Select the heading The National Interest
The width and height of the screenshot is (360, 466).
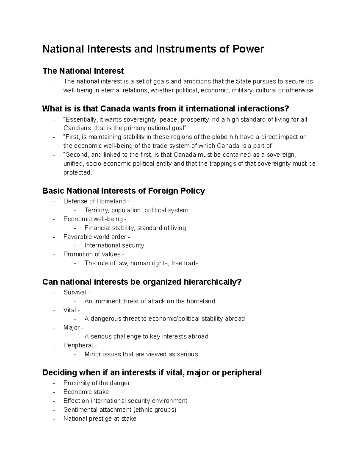[x=83, y=71]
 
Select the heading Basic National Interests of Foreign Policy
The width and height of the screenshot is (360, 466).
[x=124, y=191]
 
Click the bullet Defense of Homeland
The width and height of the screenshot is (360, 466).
[x=94, y=201]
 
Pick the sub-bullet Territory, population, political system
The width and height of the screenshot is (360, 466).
[x=136, y=210]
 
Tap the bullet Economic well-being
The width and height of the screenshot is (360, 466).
[x=93, y=219]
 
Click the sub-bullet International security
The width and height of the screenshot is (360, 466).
[x=114, y=245]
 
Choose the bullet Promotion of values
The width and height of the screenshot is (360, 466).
[x=92, y=254]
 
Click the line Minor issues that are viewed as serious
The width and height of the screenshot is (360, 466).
[x=141, y=354]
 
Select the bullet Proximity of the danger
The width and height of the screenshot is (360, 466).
[x=97, y=383]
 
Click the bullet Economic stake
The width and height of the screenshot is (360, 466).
[x=86, y=392]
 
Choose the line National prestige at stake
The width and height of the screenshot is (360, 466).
[x=100, y=419]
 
